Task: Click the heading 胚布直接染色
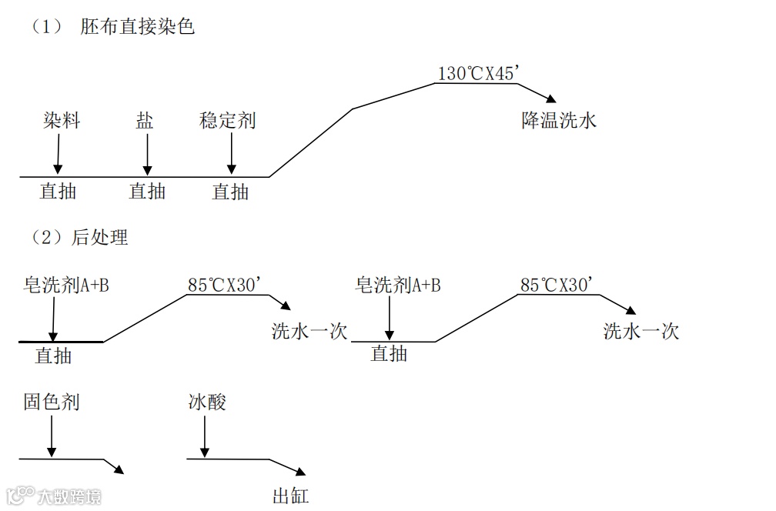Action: [x=137, y=27]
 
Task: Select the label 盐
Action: [x=145, y=121]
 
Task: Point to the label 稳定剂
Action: [x=227, y=121]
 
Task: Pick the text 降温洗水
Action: [x=559, y=121]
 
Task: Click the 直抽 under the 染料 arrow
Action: [x=59, y=191]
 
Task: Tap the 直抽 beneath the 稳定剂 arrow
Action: [x=230, y=191]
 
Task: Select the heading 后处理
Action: [x=100, y=237]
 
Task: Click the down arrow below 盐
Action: [x=145, y=154]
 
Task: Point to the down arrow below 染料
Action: [x=58, y=154]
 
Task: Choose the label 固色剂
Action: [x=52, y=402]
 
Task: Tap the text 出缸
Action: [x=290, y=495]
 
